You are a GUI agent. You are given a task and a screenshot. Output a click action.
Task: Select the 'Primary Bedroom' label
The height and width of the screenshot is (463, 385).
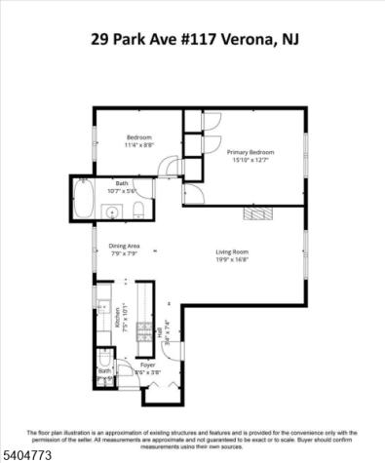click(x=250, y=152)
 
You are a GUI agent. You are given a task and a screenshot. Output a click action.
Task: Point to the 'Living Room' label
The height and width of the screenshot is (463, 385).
click(x=233, y=252)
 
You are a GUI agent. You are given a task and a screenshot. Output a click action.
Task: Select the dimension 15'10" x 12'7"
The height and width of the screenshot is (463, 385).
click(x=250, y=161)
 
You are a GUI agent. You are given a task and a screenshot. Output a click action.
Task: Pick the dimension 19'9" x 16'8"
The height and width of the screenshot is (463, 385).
click(x=233, y=260)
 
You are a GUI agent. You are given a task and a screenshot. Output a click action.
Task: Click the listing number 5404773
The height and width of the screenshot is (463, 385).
click(x=27, y=453)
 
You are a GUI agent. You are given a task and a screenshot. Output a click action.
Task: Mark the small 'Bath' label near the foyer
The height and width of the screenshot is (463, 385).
click(x=103, y=371)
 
